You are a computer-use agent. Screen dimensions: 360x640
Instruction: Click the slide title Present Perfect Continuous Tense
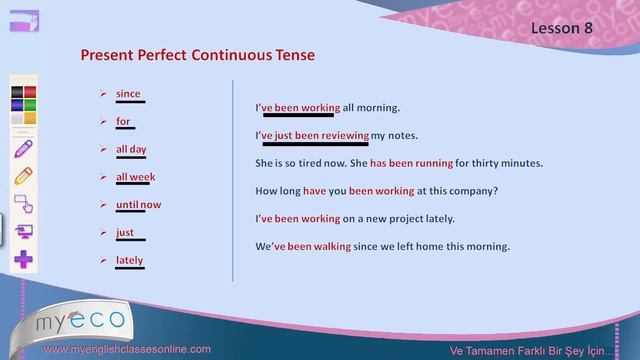(x=197, y=54)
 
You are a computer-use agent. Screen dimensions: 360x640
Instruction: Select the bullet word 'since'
(x=128, y=94)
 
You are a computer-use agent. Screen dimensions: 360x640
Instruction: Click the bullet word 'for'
(x=123, y=122)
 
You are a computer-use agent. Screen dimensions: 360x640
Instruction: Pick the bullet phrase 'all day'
(x=131, y=149)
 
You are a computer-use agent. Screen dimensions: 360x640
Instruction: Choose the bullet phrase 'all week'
(x=135, y=177)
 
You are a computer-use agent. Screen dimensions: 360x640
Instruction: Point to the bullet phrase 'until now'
(x=138, y=205)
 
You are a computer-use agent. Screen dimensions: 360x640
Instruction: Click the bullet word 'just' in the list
(x=125, y=232)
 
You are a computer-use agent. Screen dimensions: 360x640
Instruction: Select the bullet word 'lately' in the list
(x=129, y=260)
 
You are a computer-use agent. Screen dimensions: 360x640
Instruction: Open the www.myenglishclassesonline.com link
(x=129, y=349)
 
